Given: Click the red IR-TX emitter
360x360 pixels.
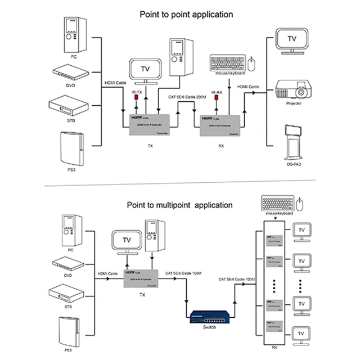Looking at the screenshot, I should click(135, 100).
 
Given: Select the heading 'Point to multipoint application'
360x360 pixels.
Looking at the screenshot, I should click(180, 205).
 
